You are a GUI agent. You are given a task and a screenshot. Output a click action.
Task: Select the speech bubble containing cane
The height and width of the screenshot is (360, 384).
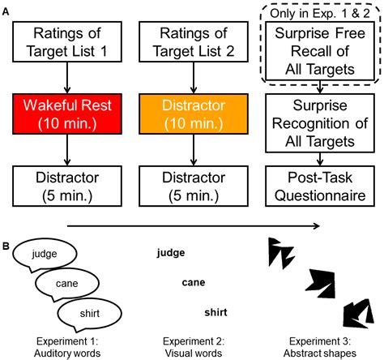point(66,283)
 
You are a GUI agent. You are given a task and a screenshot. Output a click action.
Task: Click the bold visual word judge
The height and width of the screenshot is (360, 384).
point(170,252)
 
